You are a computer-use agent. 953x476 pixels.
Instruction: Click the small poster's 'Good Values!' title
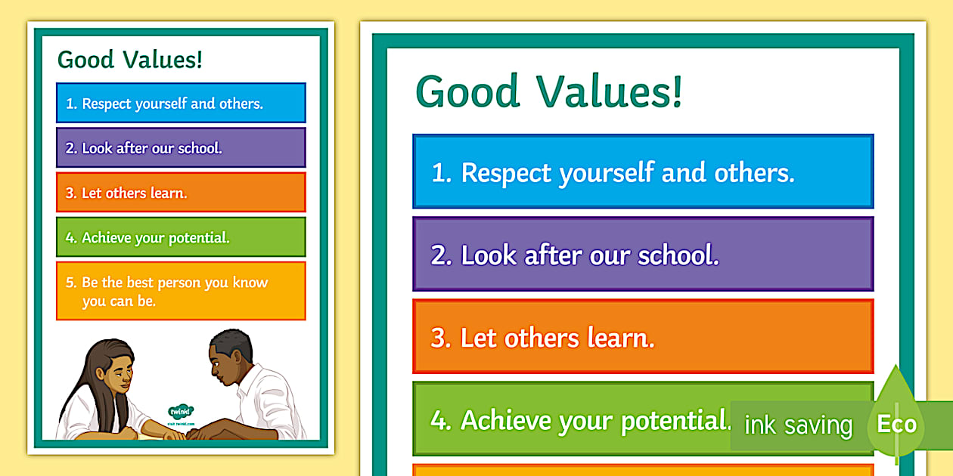130,60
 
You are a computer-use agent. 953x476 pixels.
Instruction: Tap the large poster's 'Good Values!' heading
549,91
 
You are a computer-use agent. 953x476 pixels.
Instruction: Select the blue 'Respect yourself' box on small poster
181,104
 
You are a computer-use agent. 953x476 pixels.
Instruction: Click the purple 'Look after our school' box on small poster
181,148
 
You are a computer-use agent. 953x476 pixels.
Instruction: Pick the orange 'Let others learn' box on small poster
181,193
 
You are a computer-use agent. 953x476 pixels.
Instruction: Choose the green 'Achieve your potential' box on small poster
181,237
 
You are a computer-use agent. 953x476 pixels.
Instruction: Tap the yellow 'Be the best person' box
181,292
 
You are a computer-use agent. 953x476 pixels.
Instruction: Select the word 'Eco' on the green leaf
897,424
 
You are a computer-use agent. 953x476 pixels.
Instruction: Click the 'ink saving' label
798,425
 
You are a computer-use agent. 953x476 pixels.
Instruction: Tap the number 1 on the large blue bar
439,174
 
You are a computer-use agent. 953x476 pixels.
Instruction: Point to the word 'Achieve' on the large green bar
505,421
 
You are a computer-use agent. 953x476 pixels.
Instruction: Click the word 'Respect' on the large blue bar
506,174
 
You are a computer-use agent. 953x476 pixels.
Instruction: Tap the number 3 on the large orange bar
439,338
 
